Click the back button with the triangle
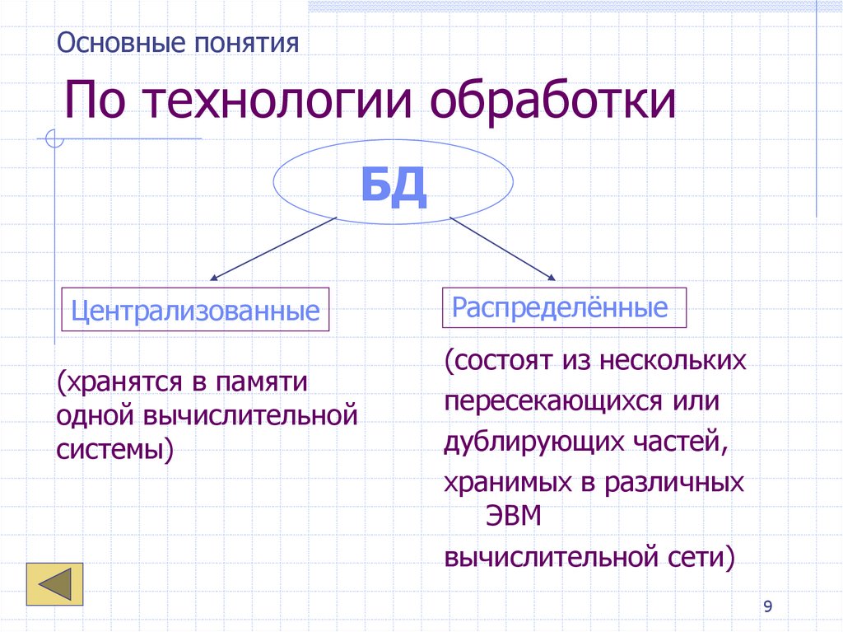coord(54,584)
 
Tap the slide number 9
coord(767,607)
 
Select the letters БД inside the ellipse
coord(394,186)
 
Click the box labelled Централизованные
coord(196,310)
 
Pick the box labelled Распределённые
coord(559,308)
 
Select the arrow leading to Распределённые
coord(504,247)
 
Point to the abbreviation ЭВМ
coord(508,517)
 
